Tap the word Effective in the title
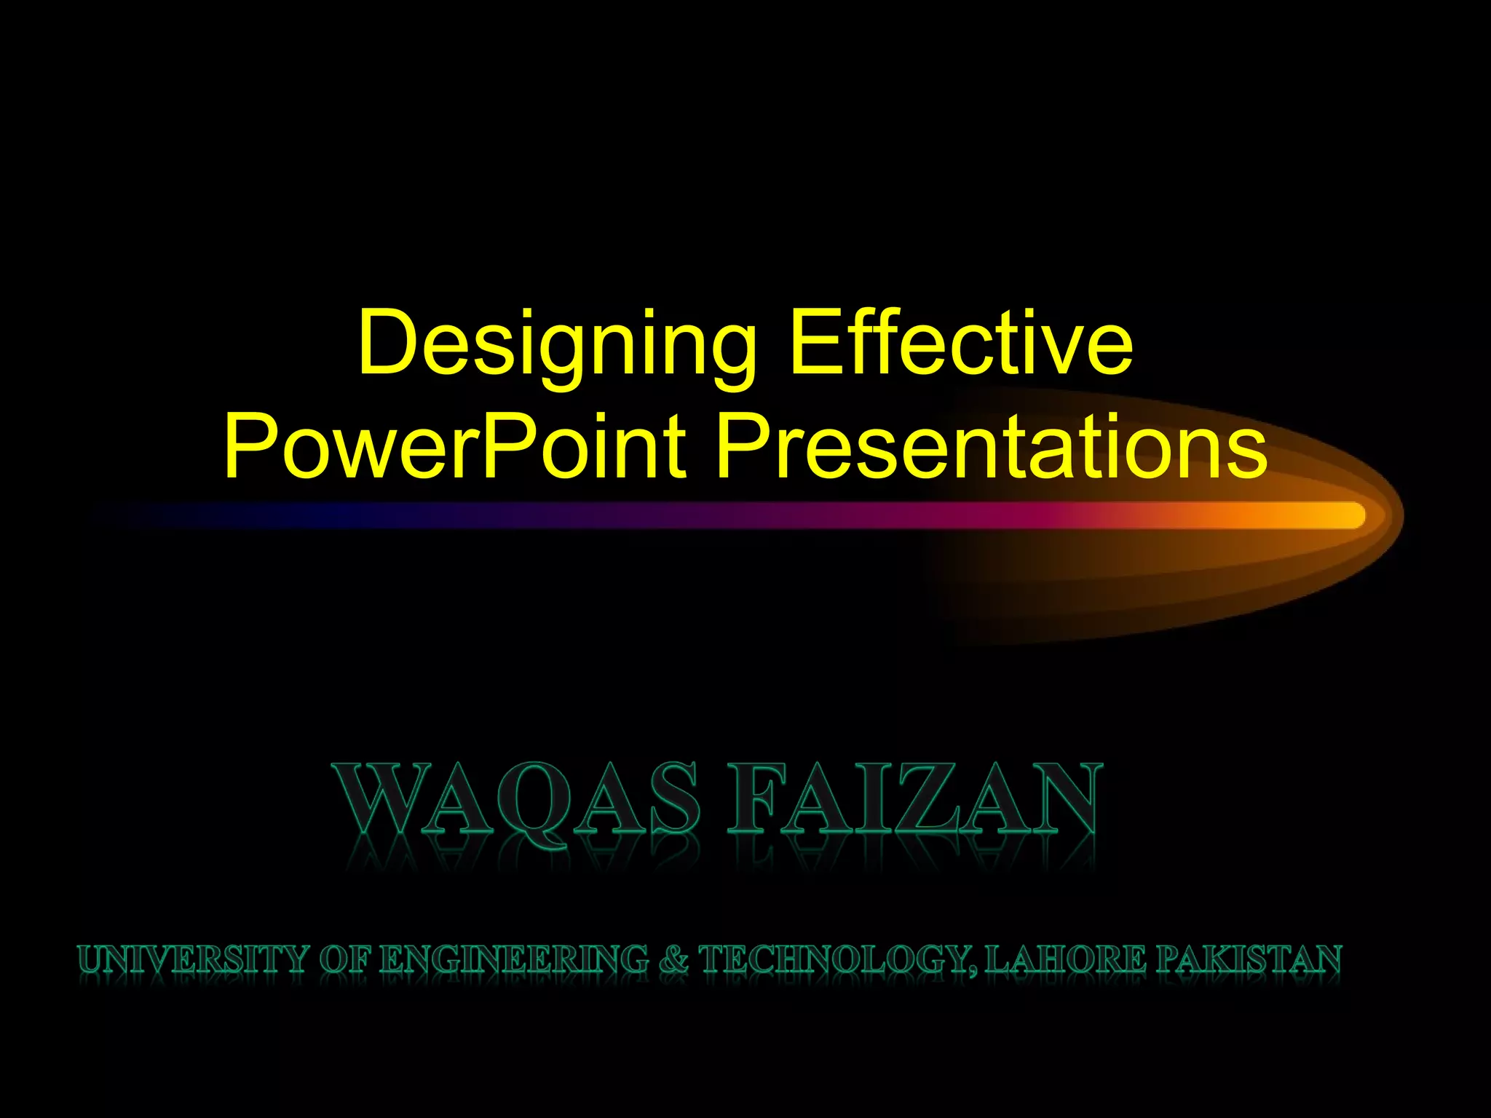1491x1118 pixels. click(961, 342)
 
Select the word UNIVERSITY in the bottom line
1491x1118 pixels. click(194, 959)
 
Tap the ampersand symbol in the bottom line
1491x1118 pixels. click(674, 959)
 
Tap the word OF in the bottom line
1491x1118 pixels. click(345, 959)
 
